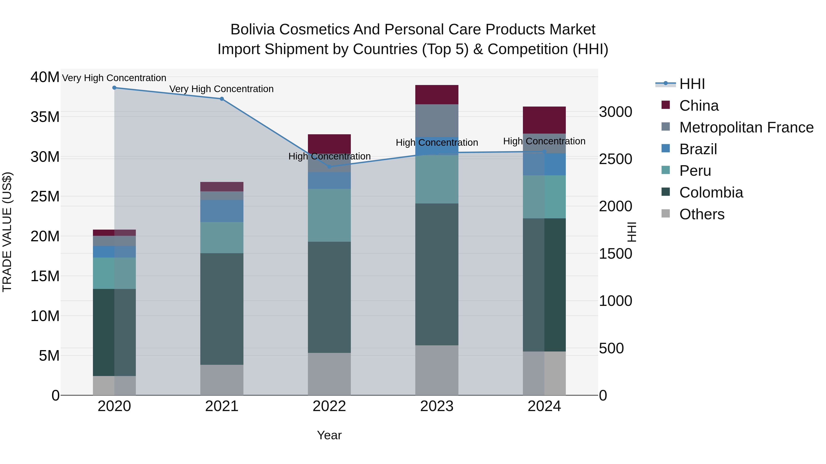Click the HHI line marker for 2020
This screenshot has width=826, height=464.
point(114,88)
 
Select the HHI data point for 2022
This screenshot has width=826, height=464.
point(329,167)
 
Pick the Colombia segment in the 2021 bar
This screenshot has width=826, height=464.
point(222,309)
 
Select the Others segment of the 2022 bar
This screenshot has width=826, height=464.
point(329,374)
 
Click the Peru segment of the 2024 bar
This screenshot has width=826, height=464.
point(544,197)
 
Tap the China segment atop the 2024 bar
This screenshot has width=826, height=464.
point(544,120)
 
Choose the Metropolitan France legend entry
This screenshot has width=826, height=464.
point(746,127)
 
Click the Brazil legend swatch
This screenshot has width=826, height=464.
point(666,148)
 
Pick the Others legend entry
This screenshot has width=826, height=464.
point(702,214)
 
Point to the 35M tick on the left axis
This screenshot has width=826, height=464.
point(45,117)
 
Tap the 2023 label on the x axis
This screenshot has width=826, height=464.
point(437,406)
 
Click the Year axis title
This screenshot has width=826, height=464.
point(329,435)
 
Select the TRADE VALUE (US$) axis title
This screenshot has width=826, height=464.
point(7,232)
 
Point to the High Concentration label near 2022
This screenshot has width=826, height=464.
point(329,156)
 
